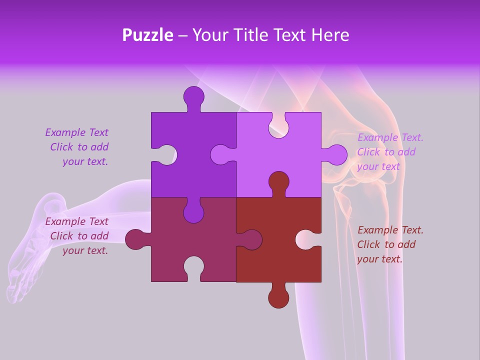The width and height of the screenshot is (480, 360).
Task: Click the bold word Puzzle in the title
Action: [x=148, y=35]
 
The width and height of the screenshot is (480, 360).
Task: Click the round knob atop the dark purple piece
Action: [x=193, y=96]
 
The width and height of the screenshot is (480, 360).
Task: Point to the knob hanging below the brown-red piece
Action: [x=278, y=297]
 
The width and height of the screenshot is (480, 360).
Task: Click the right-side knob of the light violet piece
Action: [x=336, y=154]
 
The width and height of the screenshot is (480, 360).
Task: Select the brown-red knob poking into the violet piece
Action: [x=278, y=182]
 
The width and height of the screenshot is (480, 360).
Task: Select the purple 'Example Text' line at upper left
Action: [x=77, y=132]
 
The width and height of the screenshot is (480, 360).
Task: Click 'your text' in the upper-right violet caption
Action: [x=378, y=166]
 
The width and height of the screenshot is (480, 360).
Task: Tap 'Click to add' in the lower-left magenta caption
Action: [x=79, y=236]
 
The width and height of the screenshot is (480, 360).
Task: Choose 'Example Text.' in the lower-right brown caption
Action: [x=390, y=230]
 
